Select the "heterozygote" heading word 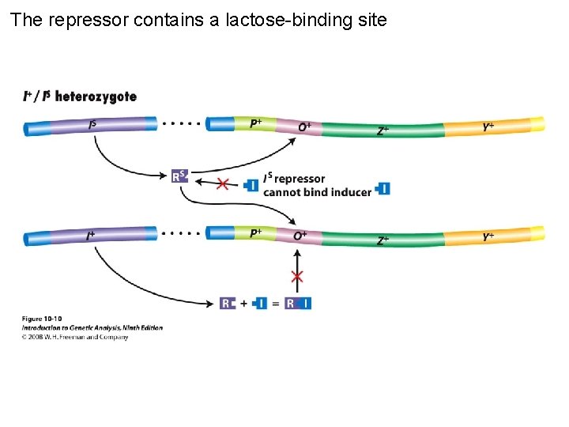click(95, 96)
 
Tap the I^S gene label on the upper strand click(93, 124)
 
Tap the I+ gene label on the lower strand click(91, 236)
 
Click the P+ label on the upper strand click(256, 123)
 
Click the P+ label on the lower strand click(256, 233)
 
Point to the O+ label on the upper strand click(304, 127)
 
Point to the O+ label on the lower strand click(300, 236)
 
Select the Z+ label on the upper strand click(382, 130)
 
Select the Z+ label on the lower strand click(382, 240)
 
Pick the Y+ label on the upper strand click(489, 127)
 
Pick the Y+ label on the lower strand click(489, 236)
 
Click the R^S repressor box click(180, 176)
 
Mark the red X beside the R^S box click(223, 183)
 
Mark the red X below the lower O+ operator click(297, 276)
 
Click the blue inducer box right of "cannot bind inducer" click(383, 189)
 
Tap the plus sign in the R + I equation click(243, 303)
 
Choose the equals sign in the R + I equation click(275, 303)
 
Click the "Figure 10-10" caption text click(41, 319)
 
